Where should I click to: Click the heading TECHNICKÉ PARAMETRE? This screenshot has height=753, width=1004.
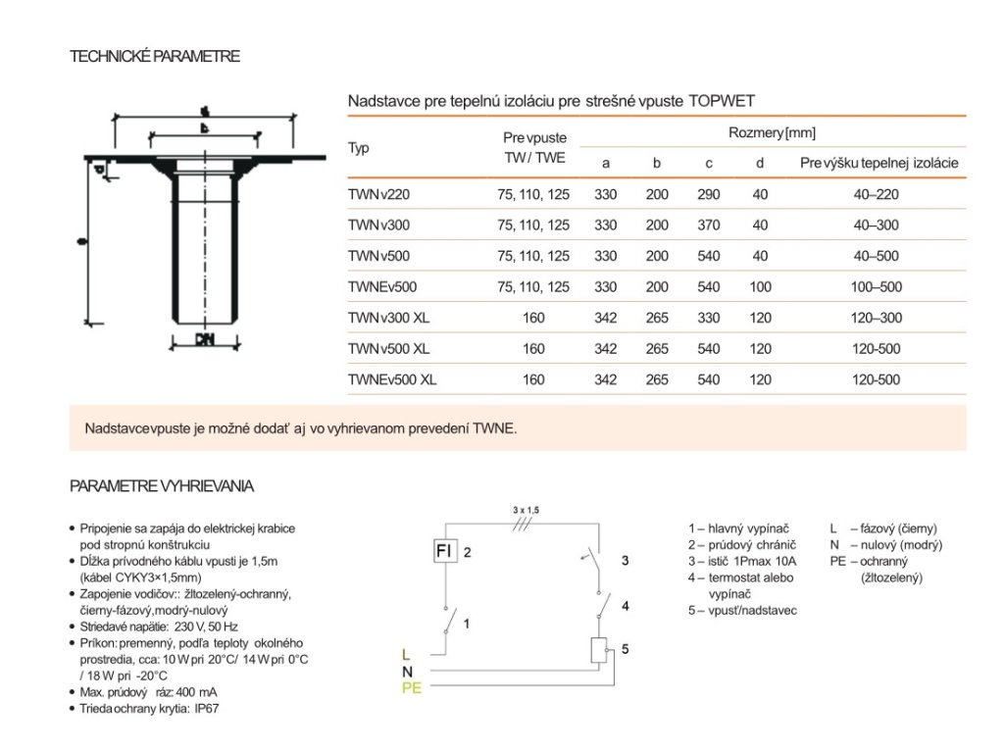[155, 57]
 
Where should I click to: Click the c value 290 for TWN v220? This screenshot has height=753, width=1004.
[708, 195]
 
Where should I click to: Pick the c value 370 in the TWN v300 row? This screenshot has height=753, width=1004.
[708, 226]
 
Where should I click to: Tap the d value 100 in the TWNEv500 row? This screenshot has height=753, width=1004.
[760, 287]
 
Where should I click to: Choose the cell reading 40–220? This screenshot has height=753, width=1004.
[876, 195]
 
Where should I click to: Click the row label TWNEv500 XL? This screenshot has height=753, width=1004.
[392, 379]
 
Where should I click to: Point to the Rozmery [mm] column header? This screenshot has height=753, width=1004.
[772, 132]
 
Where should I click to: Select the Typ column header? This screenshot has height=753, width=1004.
[359, 148]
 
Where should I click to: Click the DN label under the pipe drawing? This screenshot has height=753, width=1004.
[204, 340]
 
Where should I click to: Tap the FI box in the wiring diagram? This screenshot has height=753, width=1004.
[445, 551]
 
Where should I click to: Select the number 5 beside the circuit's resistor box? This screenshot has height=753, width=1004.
[625, 649]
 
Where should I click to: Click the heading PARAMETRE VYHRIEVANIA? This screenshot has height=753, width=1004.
[162, 485]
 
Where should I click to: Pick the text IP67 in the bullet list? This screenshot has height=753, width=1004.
[206, 708]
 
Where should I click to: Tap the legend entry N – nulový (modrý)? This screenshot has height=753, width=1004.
[885, 544]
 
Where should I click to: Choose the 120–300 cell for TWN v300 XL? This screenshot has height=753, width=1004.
[876, 318]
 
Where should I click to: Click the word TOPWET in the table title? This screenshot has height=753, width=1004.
[723, 101]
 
